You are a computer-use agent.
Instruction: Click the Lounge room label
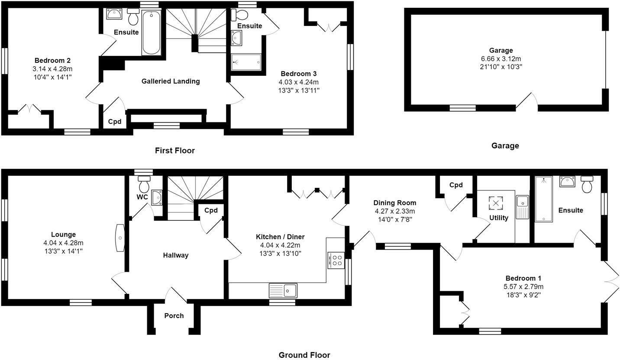tap(63, 235)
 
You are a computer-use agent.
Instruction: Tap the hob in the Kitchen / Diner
tap(336, 260)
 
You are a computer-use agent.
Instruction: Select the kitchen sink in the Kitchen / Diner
tap(283, 290)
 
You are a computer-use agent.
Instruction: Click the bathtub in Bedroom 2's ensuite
tap(151, 33)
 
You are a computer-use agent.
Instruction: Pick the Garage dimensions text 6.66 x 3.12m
tap(501, 58)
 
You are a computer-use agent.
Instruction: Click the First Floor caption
tap(175, 151)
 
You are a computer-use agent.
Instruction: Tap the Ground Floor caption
tap(304, 355)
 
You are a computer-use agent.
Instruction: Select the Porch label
tap(174, 316)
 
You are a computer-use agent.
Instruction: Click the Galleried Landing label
tap(171, 81)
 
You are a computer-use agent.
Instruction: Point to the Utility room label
tap(498, 218)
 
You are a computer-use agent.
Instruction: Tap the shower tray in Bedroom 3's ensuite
tap(246, 61)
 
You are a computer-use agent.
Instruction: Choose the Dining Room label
tap(394, 202)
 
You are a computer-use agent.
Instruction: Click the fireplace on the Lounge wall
tap(119, 238)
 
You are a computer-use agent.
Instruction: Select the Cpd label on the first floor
tap(114, 122)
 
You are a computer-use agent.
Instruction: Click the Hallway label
tap(175, 255)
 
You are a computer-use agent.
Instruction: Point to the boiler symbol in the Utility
tap(496, 203)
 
